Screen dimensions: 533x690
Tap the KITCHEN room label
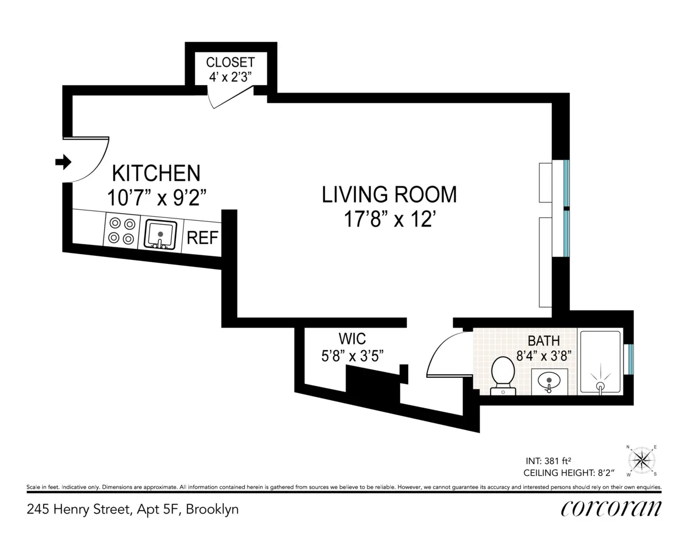(x=156, y=173)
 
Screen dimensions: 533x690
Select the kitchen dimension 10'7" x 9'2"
(x=156, y=198)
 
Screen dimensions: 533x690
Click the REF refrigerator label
(x=203, y=237)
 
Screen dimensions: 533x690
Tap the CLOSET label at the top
(x=230, y=62)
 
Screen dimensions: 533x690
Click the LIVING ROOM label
(x=389, y=194)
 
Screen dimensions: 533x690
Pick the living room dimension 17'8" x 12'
(x=389, y=220)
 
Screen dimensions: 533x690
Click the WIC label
(x=352, y=339)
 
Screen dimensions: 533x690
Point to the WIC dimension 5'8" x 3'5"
(x=352, y=355)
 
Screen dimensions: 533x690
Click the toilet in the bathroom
(x=503, y=374)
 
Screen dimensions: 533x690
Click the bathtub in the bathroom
(x=600, y=362)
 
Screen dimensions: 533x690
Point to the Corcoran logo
(x=611, y=508)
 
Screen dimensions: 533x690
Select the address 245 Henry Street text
(x=132, y=509)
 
